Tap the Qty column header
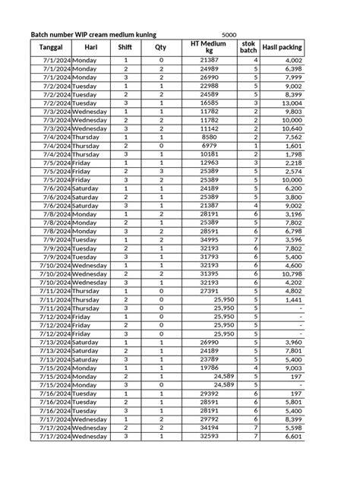coord(161,47)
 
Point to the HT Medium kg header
coord(208,47)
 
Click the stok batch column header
coord(248,47)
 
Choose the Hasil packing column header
coord(282,47)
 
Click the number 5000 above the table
coord(229,35)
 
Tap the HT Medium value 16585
coord(209,103)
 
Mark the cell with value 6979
coord(210,145)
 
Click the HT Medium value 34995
coord(209,239)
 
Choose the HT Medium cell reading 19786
coord(209,368)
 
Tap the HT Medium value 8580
coord(210,137)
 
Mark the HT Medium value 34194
coord(209,428)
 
